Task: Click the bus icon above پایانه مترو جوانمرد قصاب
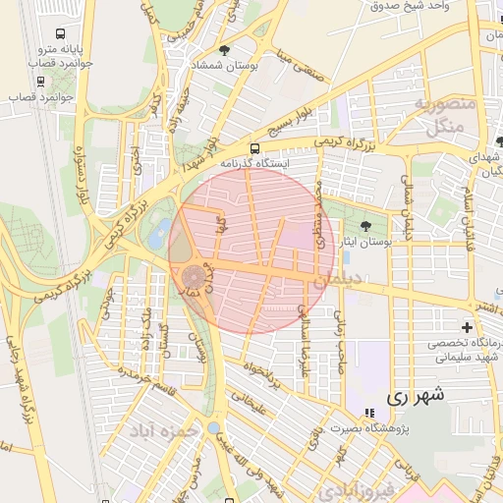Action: pos(64,32)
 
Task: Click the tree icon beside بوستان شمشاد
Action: pos(224,49)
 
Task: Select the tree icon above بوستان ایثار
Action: pos(366,226)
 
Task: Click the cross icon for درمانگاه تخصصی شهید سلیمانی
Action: pos(467,326)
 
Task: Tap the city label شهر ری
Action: pos(416,396)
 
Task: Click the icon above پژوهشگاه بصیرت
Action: pos(369,413)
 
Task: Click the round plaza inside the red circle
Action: pos(192,278)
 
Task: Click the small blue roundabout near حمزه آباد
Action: pos(214,427)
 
